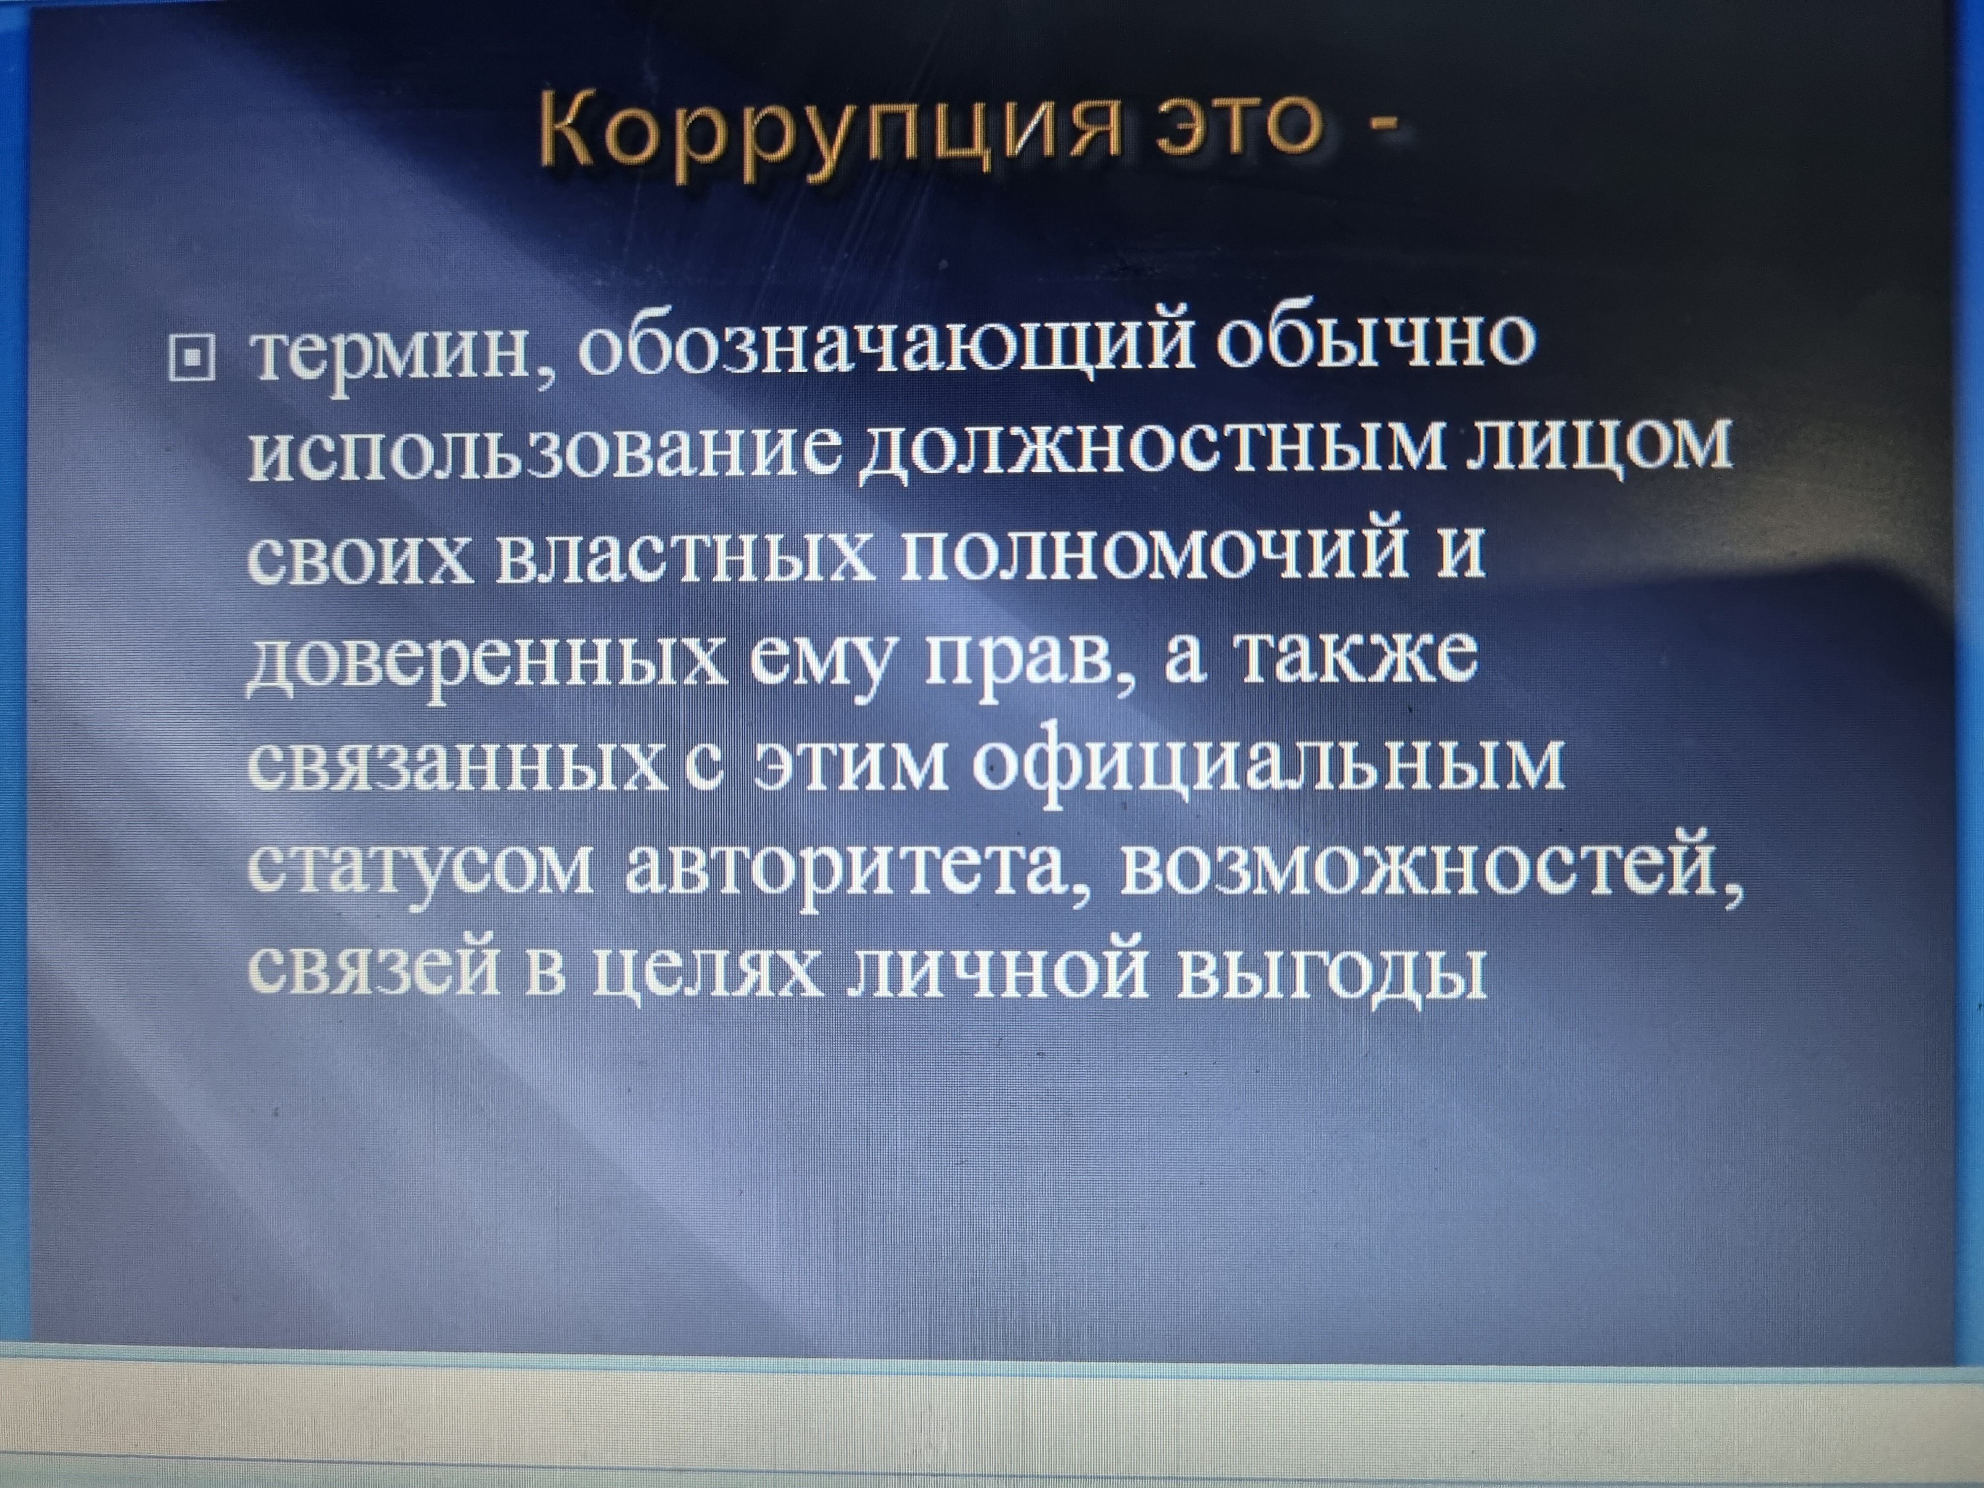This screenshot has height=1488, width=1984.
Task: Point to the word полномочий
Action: click(x=1152, y=547)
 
